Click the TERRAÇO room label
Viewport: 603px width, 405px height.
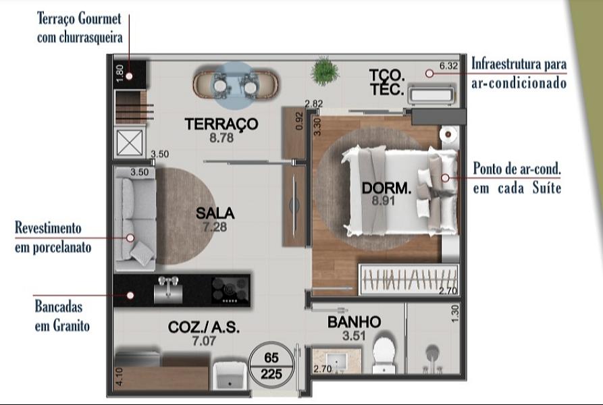coord(221,124)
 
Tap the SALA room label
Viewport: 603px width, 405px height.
coord(215,213)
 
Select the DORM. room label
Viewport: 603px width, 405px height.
coord(386,188)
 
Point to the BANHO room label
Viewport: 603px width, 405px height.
coord(354,322)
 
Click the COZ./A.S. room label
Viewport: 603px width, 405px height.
coord(204,327)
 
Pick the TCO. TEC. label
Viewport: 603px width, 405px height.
coord(387,82)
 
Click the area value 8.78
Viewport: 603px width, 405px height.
coord(221,138)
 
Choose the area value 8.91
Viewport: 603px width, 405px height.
coord(386,200)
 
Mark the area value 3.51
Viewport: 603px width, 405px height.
coord(354,334)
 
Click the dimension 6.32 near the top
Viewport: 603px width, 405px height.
coord(449,66)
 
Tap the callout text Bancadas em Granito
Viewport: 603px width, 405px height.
coord(62,316)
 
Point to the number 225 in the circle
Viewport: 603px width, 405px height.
coord(271,372)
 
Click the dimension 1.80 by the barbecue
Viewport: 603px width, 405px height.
coord(120,73)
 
